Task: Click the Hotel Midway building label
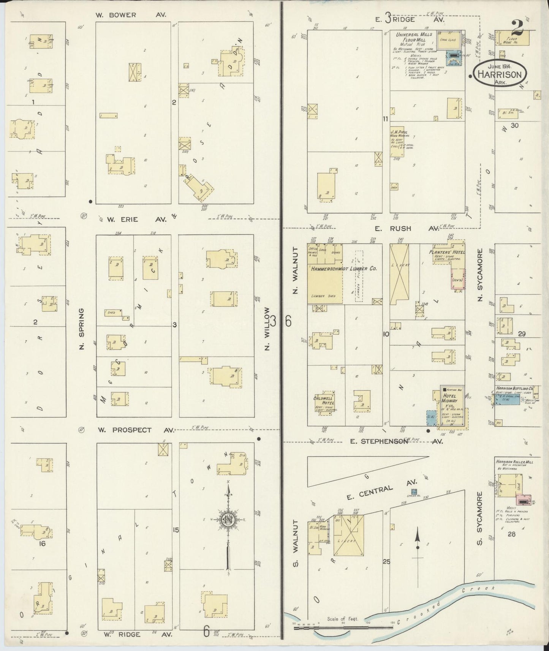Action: click(449, 398)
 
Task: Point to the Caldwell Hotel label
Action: click(323, 400)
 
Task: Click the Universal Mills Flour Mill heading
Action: click(414, 37)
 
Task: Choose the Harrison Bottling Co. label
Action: click(515, 389)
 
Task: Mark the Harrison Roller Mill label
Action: click(514, 462)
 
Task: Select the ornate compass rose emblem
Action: click(228, 520)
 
